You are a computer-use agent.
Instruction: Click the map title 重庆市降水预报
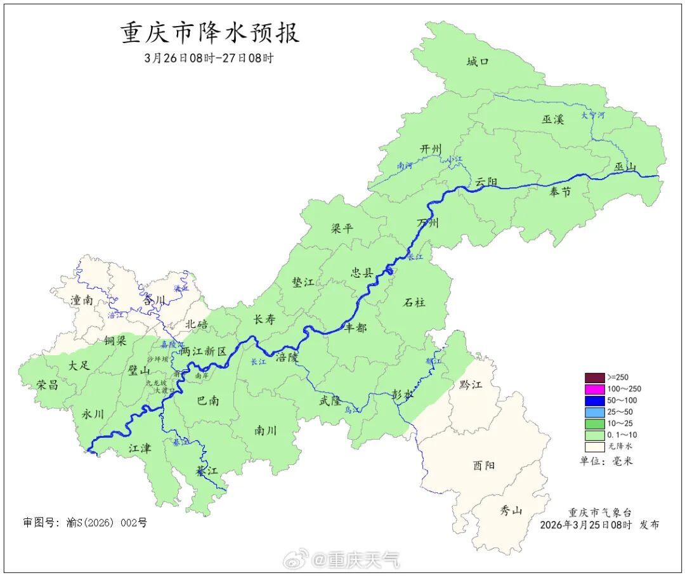pyautogui.click(x=210, y=33)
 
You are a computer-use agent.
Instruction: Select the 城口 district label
pyautogui.click(x=478, y=62)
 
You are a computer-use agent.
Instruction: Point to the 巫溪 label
pyautogui.click(x=552, y=119)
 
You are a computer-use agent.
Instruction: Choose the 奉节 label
pyautogui.click(x=559, y=192)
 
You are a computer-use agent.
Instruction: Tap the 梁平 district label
pyautogui.click(x=342, y=228)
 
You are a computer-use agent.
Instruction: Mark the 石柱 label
pyautogui.click(x=414, y=302)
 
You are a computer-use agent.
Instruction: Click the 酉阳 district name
pyautogui.click(x=483, y=466)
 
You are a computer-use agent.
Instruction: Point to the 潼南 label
pyautogui.click(x=82, y=300)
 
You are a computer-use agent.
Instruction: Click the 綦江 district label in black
pyautogui.click(x=207, y=471)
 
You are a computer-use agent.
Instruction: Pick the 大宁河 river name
pyautogui.click(x=593, y=115)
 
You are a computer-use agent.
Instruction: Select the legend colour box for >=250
pyautogui.click(x=594, y=377)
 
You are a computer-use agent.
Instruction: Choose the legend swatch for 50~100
pyautogui.click(x=594, y=400)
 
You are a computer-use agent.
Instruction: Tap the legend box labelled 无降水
pyautogui.click(x=594, y=447)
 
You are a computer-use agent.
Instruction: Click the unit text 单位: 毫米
pyautogui.click(x=606, y=461)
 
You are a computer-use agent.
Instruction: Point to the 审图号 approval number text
pyautogui.click(x=85, y=523)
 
